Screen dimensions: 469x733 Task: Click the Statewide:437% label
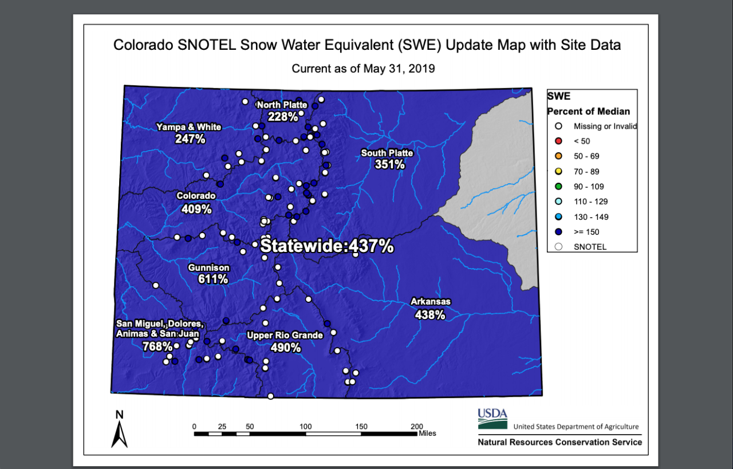327,246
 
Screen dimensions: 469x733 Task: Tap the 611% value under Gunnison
213,279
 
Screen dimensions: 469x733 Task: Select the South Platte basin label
387,153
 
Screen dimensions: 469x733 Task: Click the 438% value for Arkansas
430,314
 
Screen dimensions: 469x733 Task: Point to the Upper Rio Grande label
285,335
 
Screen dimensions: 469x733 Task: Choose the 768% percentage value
157,346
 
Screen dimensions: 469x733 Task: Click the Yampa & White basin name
189,127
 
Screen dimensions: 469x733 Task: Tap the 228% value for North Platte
283,117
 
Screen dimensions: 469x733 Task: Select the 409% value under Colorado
196,209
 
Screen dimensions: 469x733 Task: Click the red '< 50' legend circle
559,141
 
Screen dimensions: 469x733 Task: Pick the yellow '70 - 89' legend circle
559,171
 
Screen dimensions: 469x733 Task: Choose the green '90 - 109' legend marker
559,186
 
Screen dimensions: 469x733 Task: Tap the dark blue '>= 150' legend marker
559,232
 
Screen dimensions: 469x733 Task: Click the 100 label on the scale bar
305,427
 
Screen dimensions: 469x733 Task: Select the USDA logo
492,419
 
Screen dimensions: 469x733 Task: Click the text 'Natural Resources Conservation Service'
559,442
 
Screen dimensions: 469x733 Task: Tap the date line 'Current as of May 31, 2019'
363,69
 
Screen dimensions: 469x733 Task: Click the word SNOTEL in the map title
206,45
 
